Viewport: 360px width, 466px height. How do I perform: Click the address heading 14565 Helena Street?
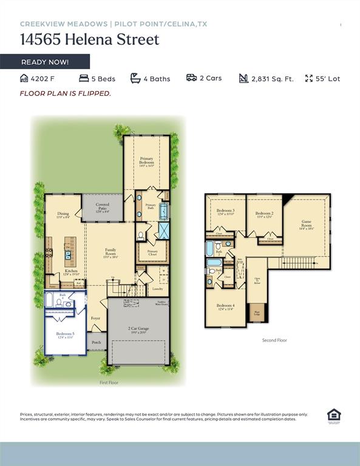click(x=89, y=40)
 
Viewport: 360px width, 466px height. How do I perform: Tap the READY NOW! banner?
click(x=45, y=62)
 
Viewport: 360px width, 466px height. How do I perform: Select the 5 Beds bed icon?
click(x=84, y=78)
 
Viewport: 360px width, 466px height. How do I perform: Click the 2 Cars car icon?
click(x=191, y=78)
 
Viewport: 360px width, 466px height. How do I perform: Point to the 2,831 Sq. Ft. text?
click(x=272, y=79)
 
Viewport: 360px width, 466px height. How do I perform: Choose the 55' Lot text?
click(x=328, y=79)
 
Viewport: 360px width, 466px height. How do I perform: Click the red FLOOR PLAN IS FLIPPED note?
click(x=66, y=93)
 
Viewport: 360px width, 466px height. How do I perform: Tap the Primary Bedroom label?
click(x=146, y=161)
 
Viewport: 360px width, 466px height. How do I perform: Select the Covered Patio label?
click(x=103, y=209)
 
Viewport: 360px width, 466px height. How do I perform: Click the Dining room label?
click(x=63, y=215)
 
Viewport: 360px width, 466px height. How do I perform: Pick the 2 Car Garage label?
click(x=139, y=330)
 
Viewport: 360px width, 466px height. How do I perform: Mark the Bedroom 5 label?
click(x=65, y=335)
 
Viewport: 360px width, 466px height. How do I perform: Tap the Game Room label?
click(x=307, y=225)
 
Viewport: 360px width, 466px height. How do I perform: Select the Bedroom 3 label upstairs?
click(x=225, y=212)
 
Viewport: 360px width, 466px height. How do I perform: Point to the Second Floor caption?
click(x=274, y=340)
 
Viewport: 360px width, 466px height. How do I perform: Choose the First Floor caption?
click(x=109, y=383)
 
